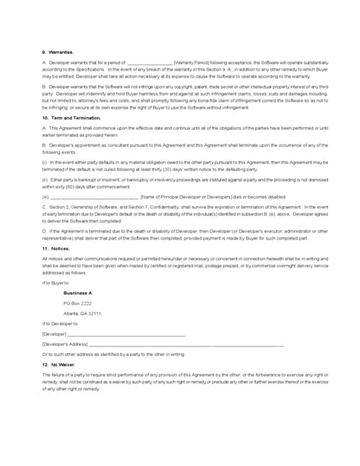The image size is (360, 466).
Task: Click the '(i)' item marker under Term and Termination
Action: click(x=45, y=163)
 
